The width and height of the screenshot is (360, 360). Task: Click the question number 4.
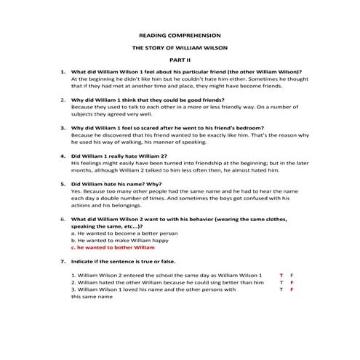click(x=63, y=156)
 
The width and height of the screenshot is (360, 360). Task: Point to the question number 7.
click(x=63, y=260)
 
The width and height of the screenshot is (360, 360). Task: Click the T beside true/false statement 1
click(x=281, y=276)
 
